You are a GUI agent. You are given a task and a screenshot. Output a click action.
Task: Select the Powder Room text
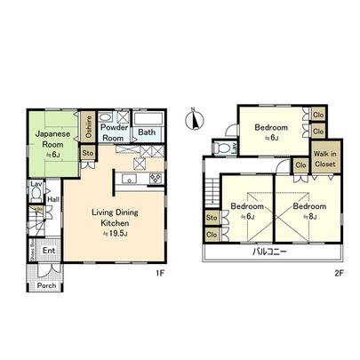tap(113, 132)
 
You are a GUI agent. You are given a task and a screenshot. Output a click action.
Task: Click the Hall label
tap(52, 199)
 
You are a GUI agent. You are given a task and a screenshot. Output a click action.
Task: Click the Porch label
tap(47, 286)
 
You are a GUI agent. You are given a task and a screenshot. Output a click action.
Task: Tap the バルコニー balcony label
tap(267, 252)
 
